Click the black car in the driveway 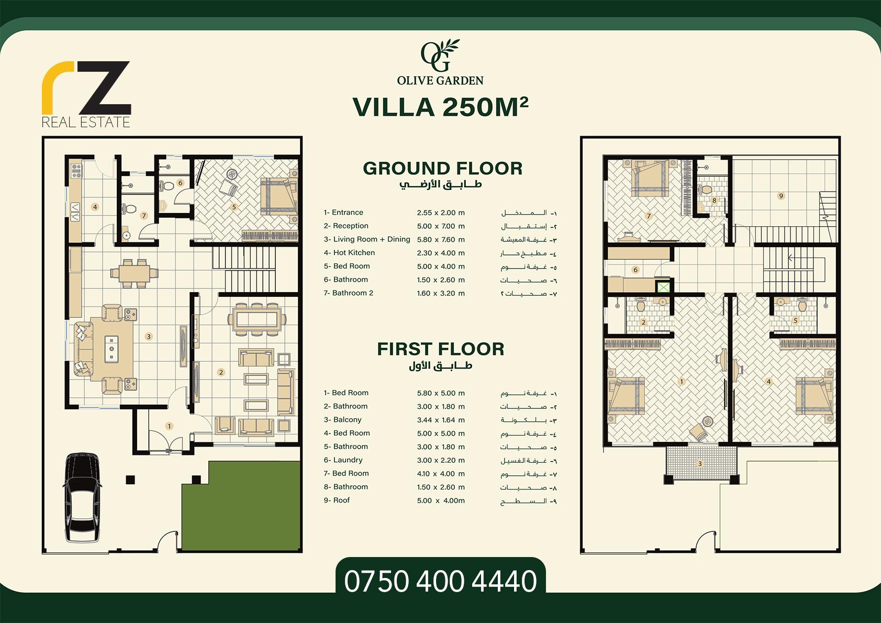[x=82, y=497]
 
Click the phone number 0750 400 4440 [x=441, y=581]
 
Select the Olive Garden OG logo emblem [x=440, y=55]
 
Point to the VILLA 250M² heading [x=441, y=107]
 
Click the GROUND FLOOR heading [x=442, y=169]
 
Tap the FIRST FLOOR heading [x=441, y=349]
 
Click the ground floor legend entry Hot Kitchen [x=349, y=252]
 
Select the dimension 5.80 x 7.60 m [x=441, y=240]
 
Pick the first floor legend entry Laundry [x=343, y=460]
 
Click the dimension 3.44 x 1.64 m [x=441, y=420]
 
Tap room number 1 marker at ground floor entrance [x=169, y=426]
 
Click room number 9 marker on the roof [x=781, y=196]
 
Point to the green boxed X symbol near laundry [x=663, y=287]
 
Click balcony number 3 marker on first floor [x=700, y=464]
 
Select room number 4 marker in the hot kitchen [x=95, y=207]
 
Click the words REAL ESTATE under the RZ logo [x=86, y=123]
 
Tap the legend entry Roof [x=337, y=500]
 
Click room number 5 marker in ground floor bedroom [x=234, y=207]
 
